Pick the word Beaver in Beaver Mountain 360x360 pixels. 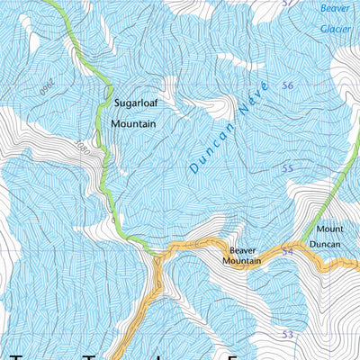244,248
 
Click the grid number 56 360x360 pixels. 288,85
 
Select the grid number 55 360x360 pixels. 288,168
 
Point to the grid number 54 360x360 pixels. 288,251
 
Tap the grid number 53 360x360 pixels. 288,334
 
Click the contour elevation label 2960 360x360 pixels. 42,87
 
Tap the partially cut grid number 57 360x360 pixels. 288,4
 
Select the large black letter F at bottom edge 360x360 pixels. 234,356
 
